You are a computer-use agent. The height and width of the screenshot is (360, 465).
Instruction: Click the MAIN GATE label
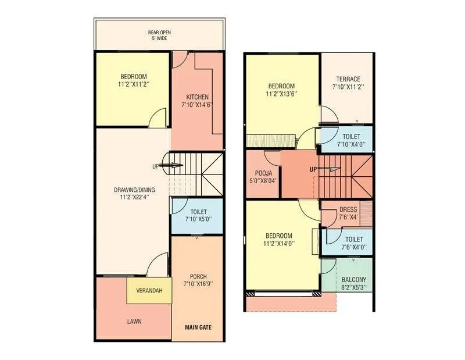coord(198,327)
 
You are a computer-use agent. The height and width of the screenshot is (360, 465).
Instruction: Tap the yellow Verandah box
coord(149,290)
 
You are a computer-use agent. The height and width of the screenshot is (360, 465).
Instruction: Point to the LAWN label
coord(134,321)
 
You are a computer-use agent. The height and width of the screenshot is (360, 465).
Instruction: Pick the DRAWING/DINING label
coord(133,193)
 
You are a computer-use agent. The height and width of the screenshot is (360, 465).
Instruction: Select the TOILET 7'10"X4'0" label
coord(350,140)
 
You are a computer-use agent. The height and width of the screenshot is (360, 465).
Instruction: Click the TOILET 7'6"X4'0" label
coord(353,243)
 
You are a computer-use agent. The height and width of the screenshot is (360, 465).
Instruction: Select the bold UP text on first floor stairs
coord(313,169)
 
